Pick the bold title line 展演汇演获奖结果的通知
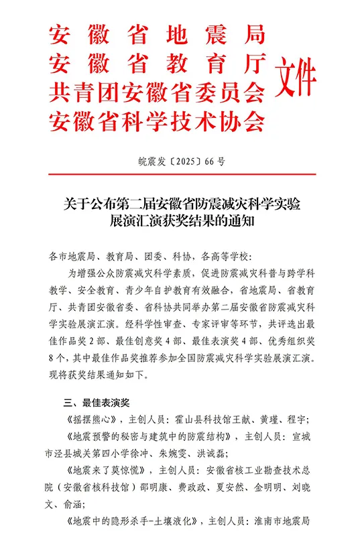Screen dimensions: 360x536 (180, 219)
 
